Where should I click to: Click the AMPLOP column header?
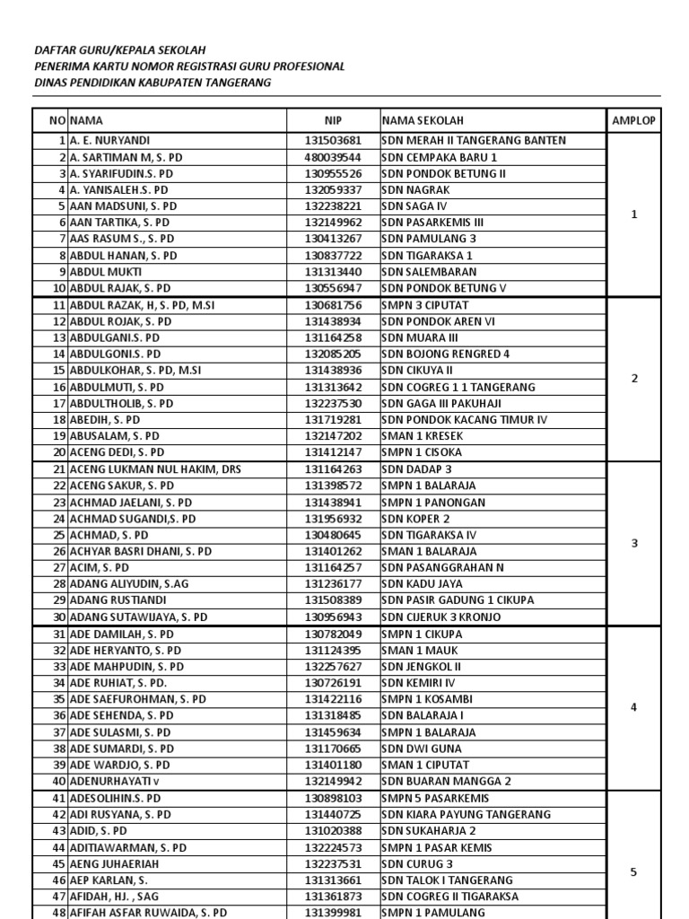[634, 121]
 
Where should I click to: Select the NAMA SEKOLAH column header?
[423, 121]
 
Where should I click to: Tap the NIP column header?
[334, 121]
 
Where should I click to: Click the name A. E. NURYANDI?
[110, 141]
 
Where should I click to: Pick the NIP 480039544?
[333, 157]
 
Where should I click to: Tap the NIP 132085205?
[333, 354]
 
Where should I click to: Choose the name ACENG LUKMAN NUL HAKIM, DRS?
[155, 469]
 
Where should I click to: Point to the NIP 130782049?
[333, 634]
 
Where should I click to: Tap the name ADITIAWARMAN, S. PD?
[128, 847]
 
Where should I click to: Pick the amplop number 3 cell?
[634, 543]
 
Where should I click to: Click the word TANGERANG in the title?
[234, 83]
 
